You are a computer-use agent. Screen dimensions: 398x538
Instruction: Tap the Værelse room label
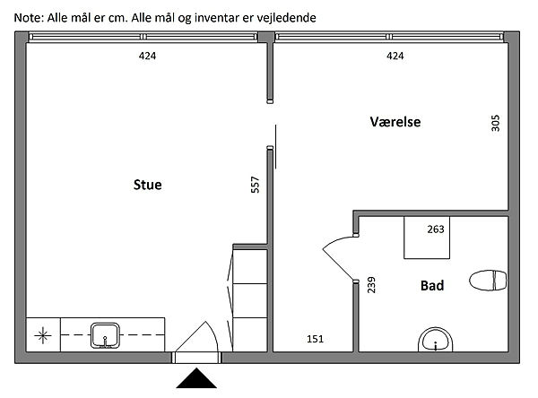pos(395,122)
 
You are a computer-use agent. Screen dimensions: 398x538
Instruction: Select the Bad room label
pos(432,286)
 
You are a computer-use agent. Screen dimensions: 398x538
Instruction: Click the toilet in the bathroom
pos(488,281)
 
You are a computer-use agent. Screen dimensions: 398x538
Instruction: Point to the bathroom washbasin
pos(437,341)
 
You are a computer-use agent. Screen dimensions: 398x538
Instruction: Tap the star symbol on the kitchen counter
pos(42,336)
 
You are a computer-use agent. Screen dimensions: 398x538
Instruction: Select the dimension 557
pos(256,186)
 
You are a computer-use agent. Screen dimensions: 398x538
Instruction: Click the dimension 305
pos(495,123)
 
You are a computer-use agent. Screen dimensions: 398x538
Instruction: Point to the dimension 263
pos(436,229)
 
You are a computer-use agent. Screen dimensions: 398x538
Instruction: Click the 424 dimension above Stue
pos(147,56)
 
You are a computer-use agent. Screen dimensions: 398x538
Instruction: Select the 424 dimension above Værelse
pos(395,56)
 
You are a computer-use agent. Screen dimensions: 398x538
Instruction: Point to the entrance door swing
pos(202,336)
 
